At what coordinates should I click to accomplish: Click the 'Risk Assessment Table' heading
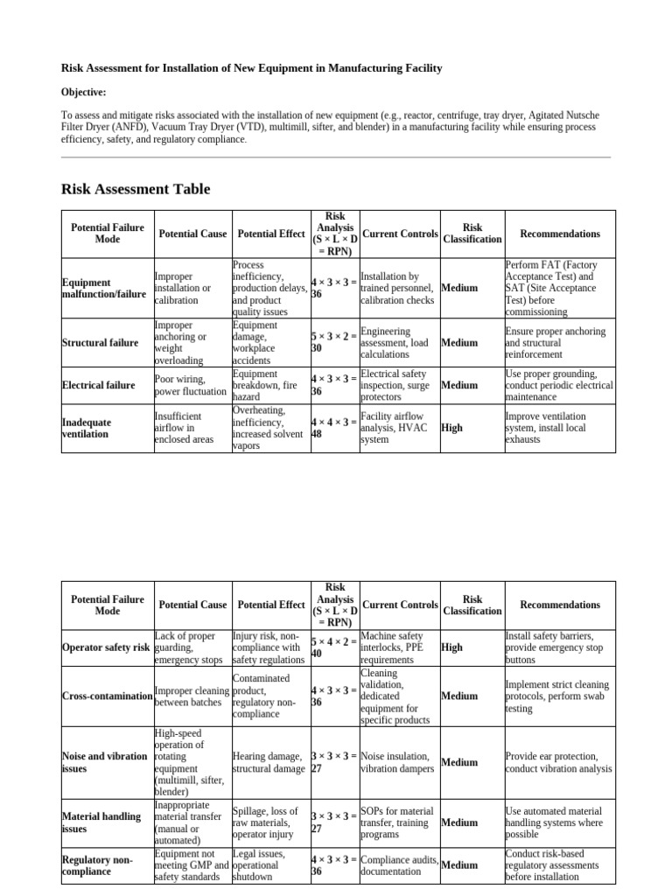(135, 189)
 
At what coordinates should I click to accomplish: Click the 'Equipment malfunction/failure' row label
(104, 288)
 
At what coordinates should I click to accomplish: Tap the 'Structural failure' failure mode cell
(100, 342)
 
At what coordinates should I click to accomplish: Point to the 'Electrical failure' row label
(98, 385)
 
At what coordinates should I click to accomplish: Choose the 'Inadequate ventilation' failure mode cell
(87, 428)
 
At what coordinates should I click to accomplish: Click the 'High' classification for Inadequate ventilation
(451, 428)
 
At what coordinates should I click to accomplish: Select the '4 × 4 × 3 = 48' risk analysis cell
(333, 428)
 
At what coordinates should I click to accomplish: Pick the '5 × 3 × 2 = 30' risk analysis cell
(333, 342)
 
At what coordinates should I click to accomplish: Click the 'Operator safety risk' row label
(106, 647)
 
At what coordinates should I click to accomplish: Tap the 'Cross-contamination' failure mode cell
(108, 696)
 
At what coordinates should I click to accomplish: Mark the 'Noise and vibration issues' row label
(104, 762)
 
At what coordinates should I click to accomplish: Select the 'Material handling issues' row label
(101, 822)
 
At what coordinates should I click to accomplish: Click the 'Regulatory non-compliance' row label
(96, 865)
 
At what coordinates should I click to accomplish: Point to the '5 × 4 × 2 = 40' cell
(333, 647)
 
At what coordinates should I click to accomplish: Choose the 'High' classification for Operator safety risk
(452, 647)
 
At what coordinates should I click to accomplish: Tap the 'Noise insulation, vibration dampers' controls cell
(395, 762)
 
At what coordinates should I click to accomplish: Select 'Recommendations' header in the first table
(560, 234)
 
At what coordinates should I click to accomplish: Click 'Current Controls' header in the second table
(400, 605)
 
